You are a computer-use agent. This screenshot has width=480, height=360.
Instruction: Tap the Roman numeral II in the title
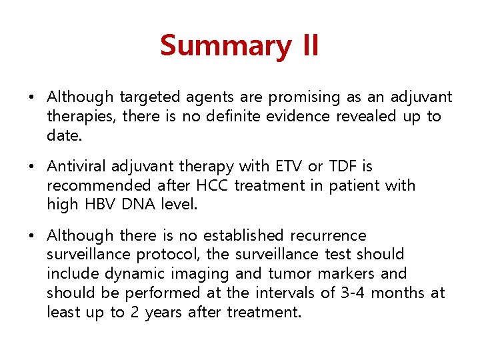click(x=305, y=46)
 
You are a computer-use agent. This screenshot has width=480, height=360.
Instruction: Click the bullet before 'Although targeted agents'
click(x=31, y=98)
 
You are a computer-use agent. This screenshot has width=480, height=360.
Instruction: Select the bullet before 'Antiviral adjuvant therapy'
click(x=31, y=167)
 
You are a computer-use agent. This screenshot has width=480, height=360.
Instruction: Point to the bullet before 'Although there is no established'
click(x=31, y=236)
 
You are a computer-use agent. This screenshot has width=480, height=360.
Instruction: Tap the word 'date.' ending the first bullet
click(x=65, y=135)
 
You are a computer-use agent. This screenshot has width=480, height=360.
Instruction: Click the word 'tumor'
click(x=291, y=274)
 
